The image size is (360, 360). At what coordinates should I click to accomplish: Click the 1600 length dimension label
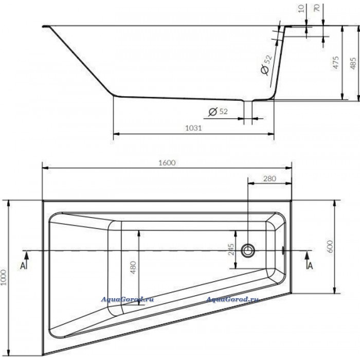167,163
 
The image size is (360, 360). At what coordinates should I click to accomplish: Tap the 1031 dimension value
193,128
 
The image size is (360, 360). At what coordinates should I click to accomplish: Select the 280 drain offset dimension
269,178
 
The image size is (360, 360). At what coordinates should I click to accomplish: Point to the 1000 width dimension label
4,277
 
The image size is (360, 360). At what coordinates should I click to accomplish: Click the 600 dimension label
330,246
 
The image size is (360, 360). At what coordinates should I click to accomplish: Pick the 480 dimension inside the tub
133,267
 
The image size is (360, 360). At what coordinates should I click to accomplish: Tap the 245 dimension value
231,249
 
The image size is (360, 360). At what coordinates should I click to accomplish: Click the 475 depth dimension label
336,62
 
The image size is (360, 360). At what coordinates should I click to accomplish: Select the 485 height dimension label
353,62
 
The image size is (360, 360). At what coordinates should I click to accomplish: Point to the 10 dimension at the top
301,8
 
